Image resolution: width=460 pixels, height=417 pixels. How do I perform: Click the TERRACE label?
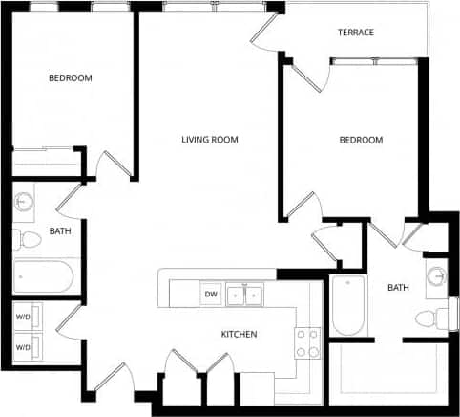356,33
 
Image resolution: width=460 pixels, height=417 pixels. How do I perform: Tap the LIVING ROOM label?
210,140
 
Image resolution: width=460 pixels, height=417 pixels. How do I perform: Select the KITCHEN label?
239,334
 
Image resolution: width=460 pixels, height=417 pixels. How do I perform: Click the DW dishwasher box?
210,295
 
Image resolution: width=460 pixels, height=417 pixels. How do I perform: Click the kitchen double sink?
244,295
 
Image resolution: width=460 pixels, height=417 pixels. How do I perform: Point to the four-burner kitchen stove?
306,342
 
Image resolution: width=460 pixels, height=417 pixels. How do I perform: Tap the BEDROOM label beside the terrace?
361,140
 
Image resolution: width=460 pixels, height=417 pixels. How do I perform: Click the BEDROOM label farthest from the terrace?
71,77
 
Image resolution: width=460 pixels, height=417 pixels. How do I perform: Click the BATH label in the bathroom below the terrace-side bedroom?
398,287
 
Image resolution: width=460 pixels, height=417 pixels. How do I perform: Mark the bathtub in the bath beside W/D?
44,277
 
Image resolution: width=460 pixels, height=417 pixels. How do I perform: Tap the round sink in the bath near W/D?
25,203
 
